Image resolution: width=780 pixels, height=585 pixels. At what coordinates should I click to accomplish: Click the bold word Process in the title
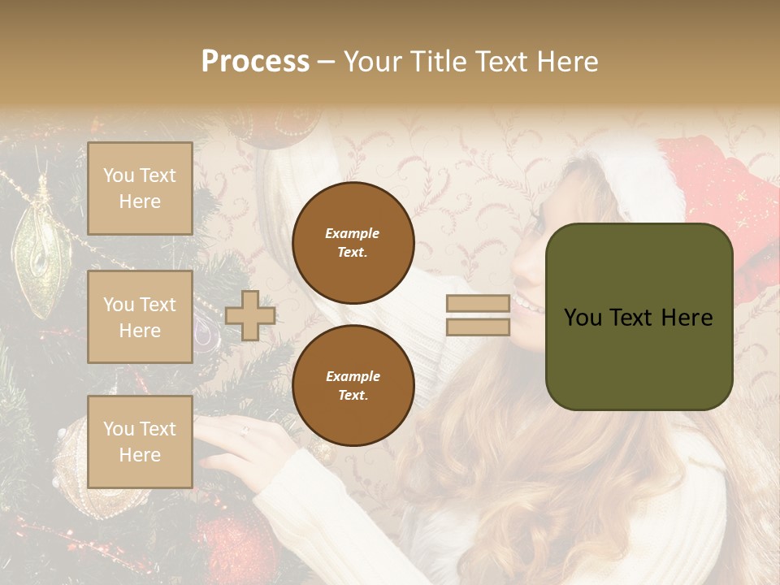pyautogui.click(x=255, y=62)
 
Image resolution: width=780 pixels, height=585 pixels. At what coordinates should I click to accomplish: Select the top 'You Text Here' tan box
pyautogui.click(x=140, y=188)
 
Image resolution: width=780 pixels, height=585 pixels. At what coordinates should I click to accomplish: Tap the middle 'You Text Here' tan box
pyautogui.click(x=140, y=317)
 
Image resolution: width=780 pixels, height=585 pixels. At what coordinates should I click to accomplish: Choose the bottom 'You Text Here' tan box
pyautogui.click(x=140, y=442)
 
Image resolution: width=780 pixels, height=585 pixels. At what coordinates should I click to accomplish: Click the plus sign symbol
pyautogui.click(x=249, y=315)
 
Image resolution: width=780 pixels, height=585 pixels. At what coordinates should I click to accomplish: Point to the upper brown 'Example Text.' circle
pyautogui.click(x=353, y=242)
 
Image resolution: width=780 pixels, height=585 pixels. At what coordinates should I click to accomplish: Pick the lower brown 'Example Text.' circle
pyautogui.click(x=353, y=385)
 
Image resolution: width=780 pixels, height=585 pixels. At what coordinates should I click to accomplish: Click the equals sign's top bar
pyautogui.click(x=478, y=304)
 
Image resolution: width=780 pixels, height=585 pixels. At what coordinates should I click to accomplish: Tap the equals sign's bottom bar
pyautogui.click(x=478, y=327)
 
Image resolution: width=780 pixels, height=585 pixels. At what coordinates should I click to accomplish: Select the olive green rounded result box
pyautogui.click(x=639, y=317)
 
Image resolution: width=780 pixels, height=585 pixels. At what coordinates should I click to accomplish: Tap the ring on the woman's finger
pyautogui.click(x=244, y=431)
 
